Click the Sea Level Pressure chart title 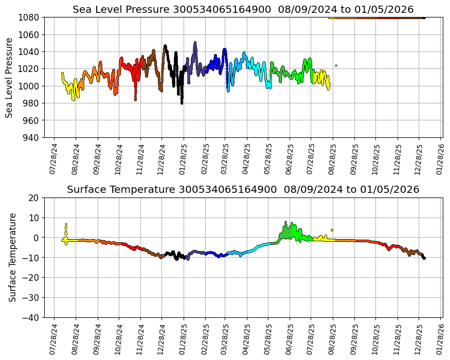point(243,9)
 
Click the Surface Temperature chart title point(243,189)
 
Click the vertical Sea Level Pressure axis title point(9,77)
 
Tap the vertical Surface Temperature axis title point(12,257)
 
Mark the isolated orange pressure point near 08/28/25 point(336,66)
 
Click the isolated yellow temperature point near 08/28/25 point(332,230)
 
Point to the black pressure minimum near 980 point(182,102)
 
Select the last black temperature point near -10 point(424,258)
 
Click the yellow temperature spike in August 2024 point(66,225)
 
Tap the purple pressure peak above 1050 point(195,43)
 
